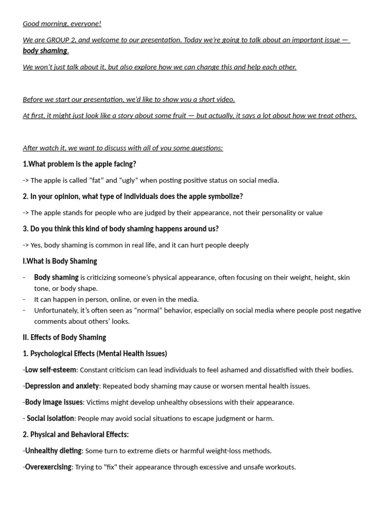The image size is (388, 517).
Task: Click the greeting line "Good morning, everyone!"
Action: [62, 24]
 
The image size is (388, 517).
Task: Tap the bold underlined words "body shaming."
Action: [45, 50]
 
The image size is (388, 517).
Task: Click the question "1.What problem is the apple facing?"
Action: [79, 164]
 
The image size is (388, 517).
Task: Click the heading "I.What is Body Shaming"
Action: [60, 261]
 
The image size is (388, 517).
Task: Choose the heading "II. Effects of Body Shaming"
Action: [64, 337]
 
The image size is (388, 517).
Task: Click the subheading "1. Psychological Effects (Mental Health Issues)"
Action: [94, 353]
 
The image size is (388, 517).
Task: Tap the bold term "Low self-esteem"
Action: [51, 370]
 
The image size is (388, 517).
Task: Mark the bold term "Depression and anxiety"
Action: [62, 386]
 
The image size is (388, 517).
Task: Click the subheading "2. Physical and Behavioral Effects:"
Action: [76, 435]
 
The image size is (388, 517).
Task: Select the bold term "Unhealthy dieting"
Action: [53, 451]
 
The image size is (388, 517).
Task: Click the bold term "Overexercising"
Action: [48, 467]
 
